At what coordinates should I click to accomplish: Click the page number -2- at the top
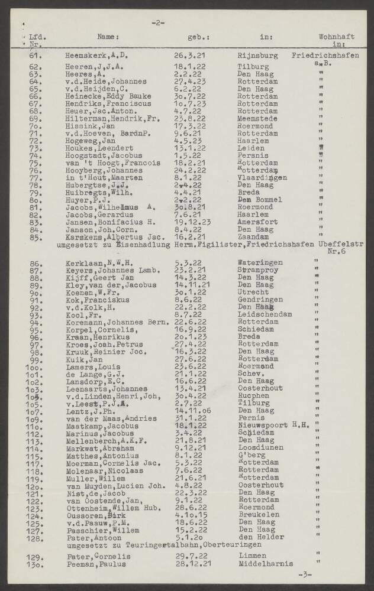point(157,23)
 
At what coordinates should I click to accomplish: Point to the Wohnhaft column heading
point(336,37)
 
